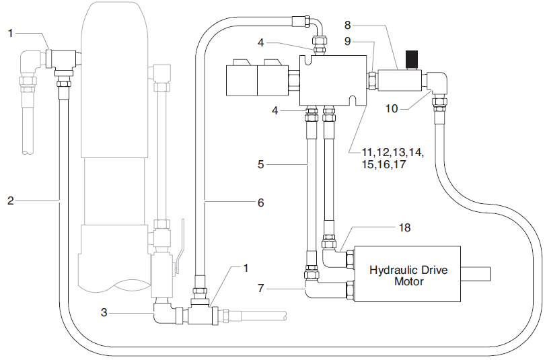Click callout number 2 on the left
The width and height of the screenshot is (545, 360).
click(10, 200)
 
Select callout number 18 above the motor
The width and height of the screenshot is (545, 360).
click(404, 228)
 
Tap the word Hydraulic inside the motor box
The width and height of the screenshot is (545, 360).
click(395, 270)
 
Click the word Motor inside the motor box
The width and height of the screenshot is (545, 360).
click(408, 281)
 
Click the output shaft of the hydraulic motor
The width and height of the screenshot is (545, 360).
click(478, 275)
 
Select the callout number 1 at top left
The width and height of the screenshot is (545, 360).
click(11, 32)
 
